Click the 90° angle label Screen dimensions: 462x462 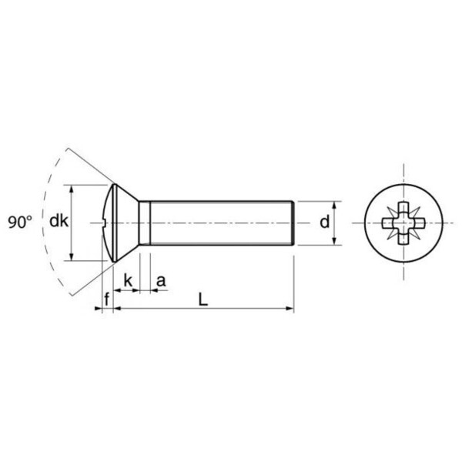(20, 223)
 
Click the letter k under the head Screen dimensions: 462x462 (127, 281)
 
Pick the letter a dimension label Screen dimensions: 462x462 (160, 281)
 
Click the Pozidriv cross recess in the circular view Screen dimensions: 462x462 (402, 223)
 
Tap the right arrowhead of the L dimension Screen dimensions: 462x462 (290, 309)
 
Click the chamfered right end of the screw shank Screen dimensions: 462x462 (293, 223)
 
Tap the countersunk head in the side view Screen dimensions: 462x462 (123, 223)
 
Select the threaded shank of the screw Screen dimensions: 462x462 (219, 223)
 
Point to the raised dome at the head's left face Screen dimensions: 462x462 (105, 223)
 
